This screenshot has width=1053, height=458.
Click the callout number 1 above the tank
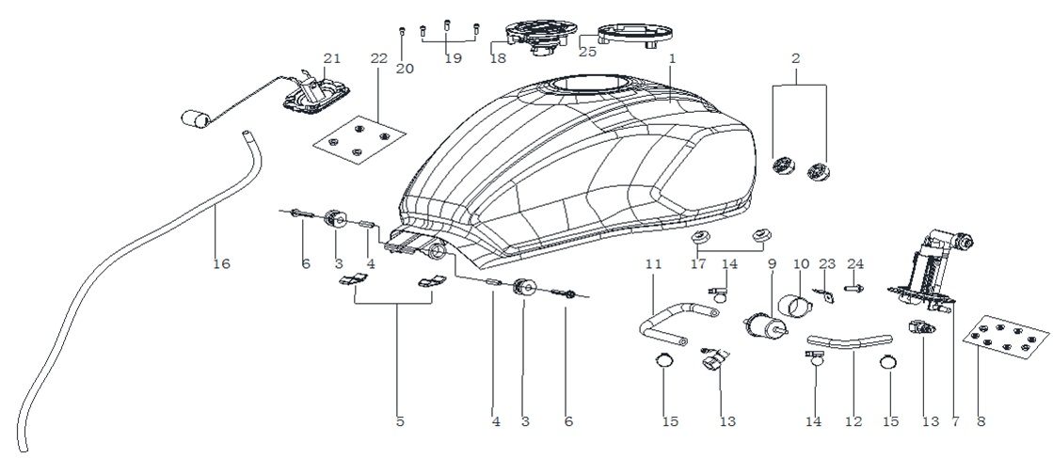click(x=672, y=59)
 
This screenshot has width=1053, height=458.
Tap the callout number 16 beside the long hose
click(x=221, y=264)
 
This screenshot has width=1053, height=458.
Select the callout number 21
click(x=332, y=58)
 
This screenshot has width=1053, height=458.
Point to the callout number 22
click(x=378, y=58)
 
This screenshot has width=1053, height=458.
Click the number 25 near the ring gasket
click(x=587, y=52)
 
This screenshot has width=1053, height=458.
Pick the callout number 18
click(x=498, y=58)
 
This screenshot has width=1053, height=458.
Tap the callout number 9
click(x=772, y=264)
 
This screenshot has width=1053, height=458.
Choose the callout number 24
click(x=854, y=264)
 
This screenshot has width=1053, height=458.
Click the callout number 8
click(x=981, y=421)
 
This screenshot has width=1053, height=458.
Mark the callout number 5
click(x=400, y=421)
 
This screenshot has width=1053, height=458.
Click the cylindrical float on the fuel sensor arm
click(x=196, y=120)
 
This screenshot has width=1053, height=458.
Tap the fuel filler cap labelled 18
click(x=540, y=37)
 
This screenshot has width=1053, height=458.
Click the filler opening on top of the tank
click(x=589, y=85)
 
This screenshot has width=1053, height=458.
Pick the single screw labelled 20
click(x=402, y=31)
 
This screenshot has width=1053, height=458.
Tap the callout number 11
click(x=653, y=264)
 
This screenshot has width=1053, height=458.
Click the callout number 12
click(x=854, y=421)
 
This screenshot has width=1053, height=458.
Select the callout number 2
click(x=796, y=58)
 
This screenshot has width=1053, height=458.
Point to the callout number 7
click(x=955, y=421)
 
